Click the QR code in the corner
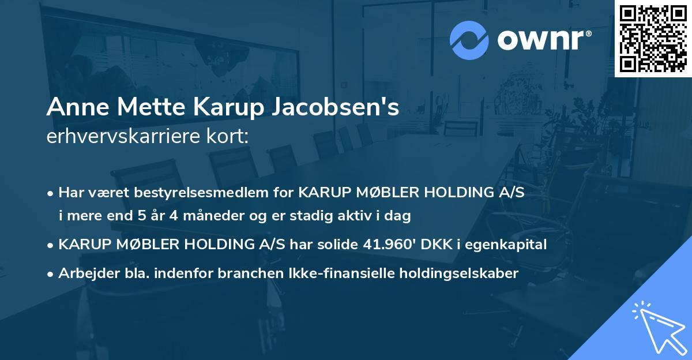click(653, 38)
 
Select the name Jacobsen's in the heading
click(335, 108)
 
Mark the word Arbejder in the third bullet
click(84, 273)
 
